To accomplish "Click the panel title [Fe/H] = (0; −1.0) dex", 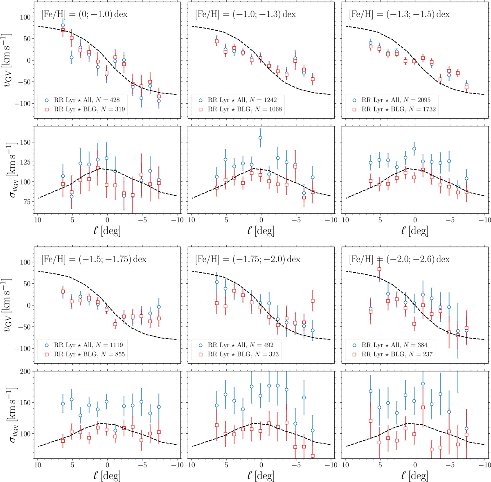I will (x=84, y=14).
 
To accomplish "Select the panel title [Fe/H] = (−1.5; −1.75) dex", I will (x=94, y=259).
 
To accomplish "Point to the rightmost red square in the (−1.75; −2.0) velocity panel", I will (x=313, y=301).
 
